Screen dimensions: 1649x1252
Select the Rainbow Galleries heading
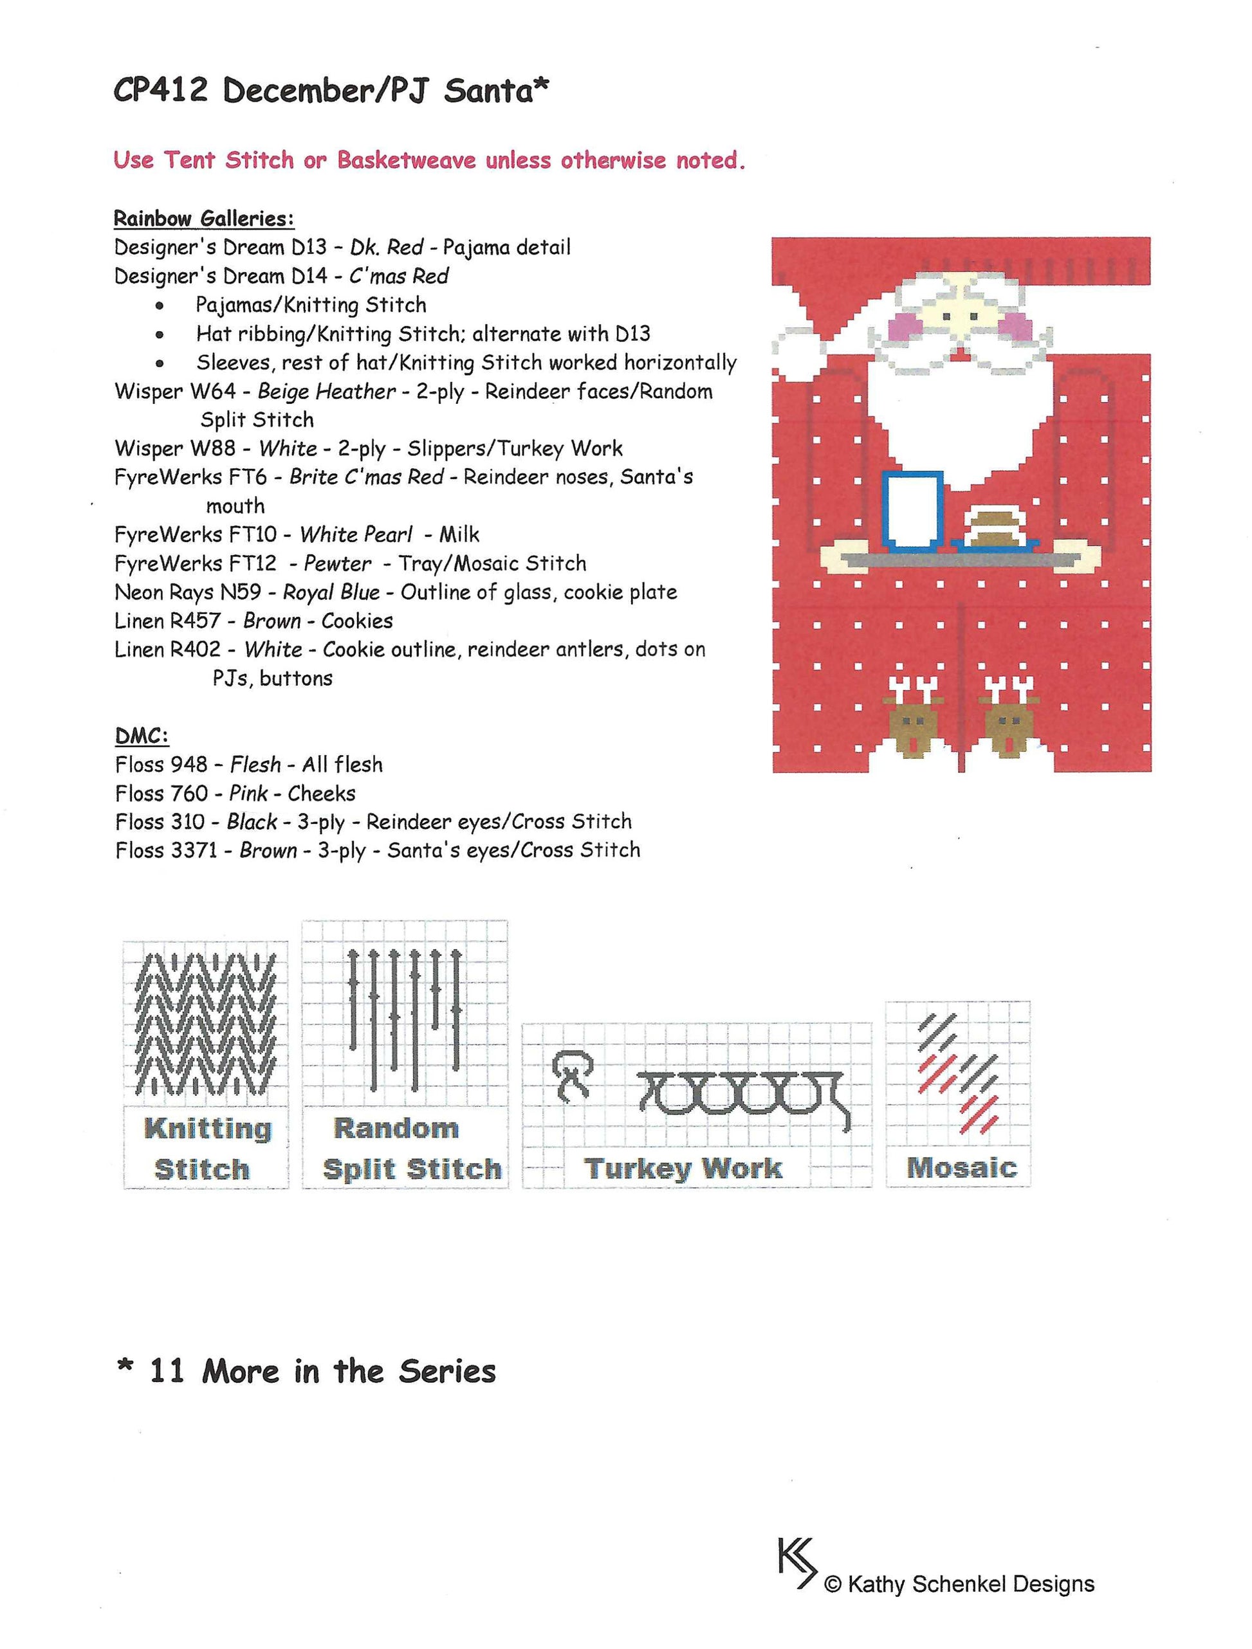pyautogui.click(x=203, y=219)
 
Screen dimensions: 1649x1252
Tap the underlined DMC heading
pyautogui.click(x=142, y=736)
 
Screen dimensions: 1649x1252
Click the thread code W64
pyautogui.click(x=211, y=392)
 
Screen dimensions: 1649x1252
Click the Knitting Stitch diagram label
pyautogui.click(x=207, y=1149)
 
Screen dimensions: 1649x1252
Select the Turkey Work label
pyautogui.click(x=683, y=1168)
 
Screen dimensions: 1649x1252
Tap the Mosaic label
pyautogui.click(x=961, y=1167)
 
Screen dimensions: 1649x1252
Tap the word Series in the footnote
pyautogui.click(x=447, y=1371)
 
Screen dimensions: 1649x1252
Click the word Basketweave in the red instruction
pyautogui.click(x=406, y=160)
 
